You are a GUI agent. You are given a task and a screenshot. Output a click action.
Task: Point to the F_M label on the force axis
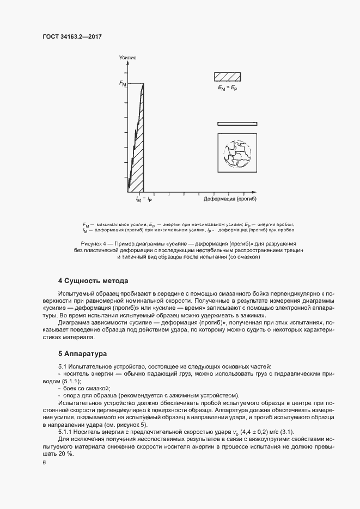click(x=123, y=84)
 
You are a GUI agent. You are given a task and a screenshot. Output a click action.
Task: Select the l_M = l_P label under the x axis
click(x=143, y=200)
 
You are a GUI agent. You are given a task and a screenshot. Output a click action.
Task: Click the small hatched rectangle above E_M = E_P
click(x=227, y=76)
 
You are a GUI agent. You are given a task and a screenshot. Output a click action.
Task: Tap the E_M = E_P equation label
click(x=227, y=88)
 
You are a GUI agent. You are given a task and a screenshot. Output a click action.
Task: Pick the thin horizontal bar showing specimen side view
click(x=237, y=124)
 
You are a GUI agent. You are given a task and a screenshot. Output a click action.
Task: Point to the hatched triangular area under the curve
click(x=137, y=152)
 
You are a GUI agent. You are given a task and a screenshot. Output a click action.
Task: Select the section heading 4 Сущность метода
click(x=93, y=281)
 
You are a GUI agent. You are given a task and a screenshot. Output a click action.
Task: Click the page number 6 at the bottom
click(x=44, y=463)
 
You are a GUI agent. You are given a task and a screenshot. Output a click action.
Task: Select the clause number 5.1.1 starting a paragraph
click(x=65, y=431)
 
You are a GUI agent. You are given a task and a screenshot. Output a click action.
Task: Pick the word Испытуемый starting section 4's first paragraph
click(x=76, y=293)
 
